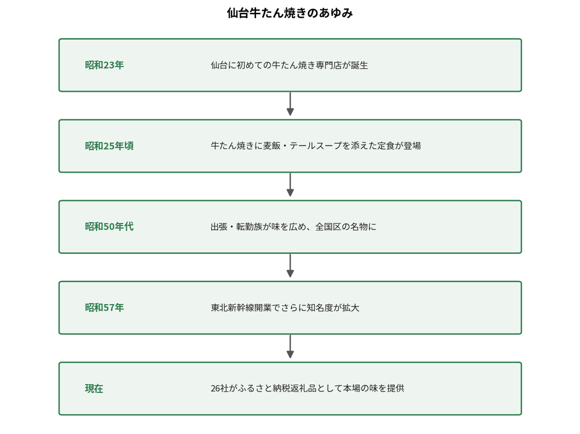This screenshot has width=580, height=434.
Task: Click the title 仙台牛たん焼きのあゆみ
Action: tap(289, 14)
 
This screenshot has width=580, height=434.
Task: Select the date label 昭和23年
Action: tap(104, 65)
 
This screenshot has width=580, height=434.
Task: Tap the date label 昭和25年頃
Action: tap(109, 146)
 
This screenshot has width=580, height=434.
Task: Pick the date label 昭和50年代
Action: tap(109, 227)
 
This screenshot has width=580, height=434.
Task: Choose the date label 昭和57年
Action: tap(104, 308)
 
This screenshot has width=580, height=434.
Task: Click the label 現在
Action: tap(94, 389)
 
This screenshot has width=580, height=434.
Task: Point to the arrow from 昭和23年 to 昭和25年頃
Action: tap(291, 104)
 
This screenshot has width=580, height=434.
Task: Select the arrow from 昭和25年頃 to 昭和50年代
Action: tap(291, 185)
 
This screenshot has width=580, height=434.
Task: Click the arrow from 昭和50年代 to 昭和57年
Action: tap(291, 266)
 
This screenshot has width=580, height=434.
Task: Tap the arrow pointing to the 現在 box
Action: tap(291, 347)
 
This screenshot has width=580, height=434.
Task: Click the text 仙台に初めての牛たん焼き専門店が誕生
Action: tap(289, 65)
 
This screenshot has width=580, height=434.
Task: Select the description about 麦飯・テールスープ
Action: tap(315, 146)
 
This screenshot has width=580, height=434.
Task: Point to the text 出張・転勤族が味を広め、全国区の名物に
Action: tap(293, 227)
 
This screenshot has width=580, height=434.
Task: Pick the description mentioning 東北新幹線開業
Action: tap(285, 308)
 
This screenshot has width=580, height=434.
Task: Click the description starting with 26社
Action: tap(308, 389)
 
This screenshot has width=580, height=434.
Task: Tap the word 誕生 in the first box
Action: tap(360, 65)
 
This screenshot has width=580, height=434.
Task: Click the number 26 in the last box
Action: tap(215, 389)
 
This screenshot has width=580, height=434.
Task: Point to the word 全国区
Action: tap(328, 227)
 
